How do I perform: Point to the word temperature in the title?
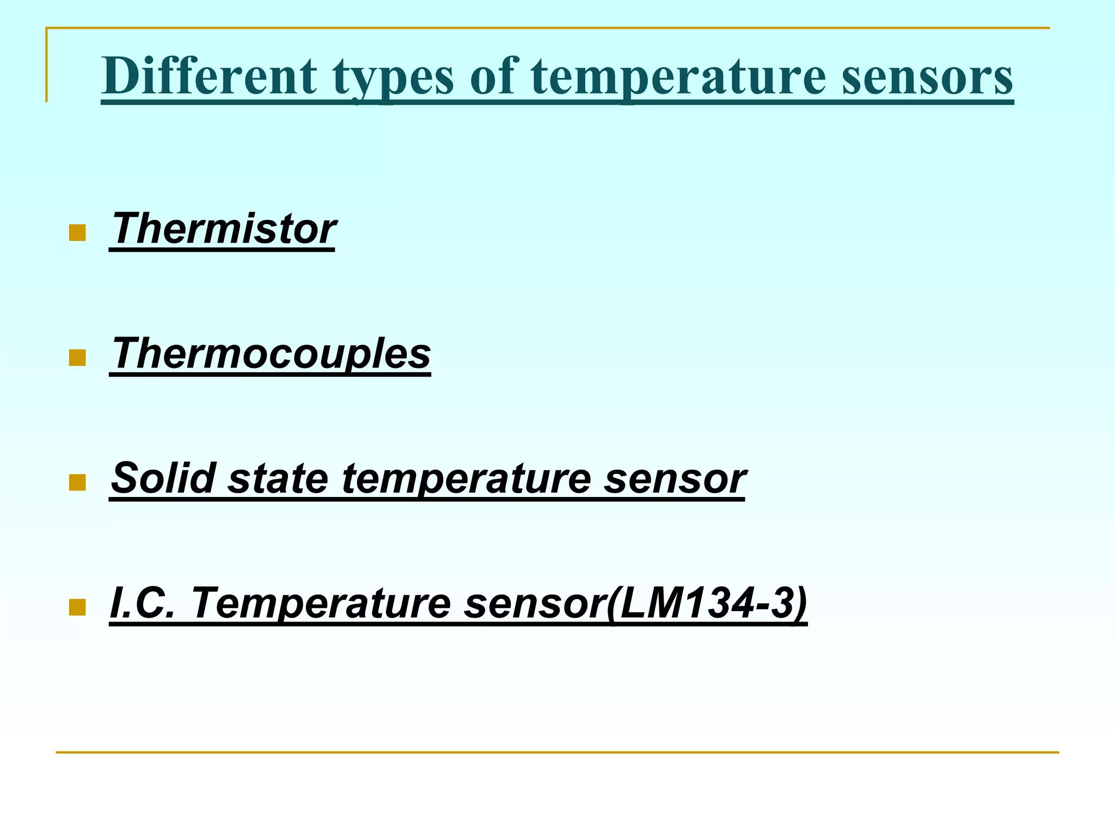coord(678,78)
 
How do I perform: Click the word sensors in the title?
coord(927,77)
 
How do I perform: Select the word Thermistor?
coord(223,229)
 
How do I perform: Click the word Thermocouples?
coord(271,354)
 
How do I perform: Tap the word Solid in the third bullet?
coord(163,478)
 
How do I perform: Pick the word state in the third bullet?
coord(278,478)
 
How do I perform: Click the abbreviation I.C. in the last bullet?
coord(142,603)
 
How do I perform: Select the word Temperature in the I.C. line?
coord(321,604)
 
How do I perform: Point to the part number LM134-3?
coord(708,604)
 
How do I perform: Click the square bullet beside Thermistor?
coord(78,233)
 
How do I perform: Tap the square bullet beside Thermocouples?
coord(78,358)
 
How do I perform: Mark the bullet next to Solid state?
coord(78,483)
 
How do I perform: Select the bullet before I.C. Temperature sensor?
coord(78,607)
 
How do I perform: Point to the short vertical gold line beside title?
coord(47,65)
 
